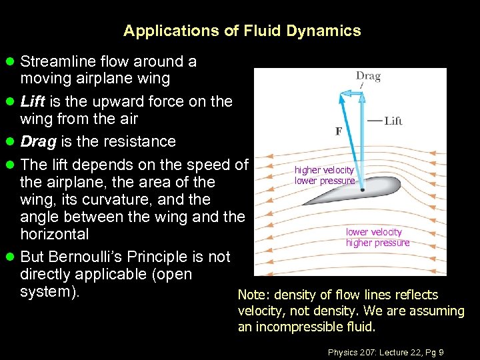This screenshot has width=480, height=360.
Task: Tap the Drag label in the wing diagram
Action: pos(368,76)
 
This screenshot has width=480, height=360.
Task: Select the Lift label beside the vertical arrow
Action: pos(393,121)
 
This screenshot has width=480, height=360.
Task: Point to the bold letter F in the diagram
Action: pos(338,131)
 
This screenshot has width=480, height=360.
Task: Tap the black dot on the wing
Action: pos(362,189)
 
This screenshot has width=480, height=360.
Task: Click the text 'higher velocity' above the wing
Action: pos(324,170)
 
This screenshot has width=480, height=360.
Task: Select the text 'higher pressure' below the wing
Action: pos(377,243)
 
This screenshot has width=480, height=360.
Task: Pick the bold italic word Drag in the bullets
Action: pos(37,141)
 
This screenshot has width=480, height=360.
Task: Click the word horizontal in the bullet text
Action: pos(55,234)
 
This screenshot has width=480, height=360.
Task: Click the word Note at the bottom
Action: pos(252,295)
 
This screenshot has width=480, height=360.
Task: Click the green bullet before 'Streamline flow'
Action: pos(10,61)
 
